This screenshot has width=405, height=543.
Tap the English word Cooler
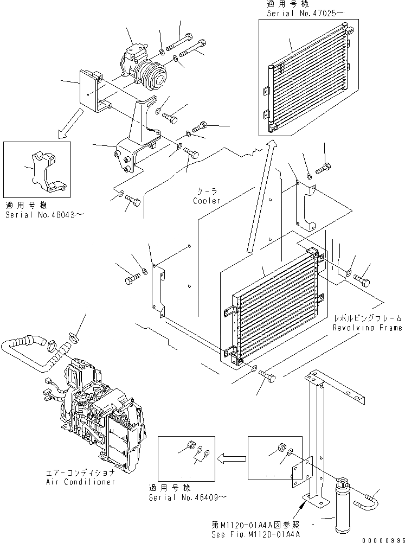click(208, 201)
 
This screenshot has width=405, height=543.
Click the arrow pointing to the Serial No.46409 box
click(228, 457)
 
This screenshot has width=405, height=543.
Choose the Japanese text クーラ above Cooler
click(208, 192)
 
